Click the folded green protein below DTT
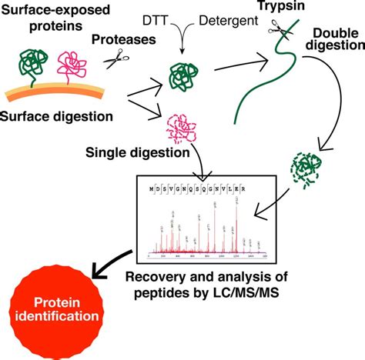(x=184, y=77)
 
